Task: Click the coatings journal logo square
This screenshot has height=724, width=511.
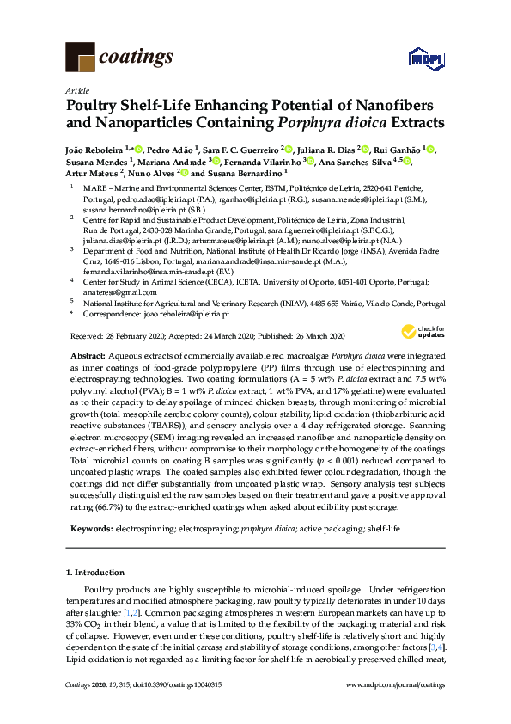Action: coord(81,58)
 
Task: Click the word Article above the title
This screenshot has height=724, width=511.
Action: coord(76,90)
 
